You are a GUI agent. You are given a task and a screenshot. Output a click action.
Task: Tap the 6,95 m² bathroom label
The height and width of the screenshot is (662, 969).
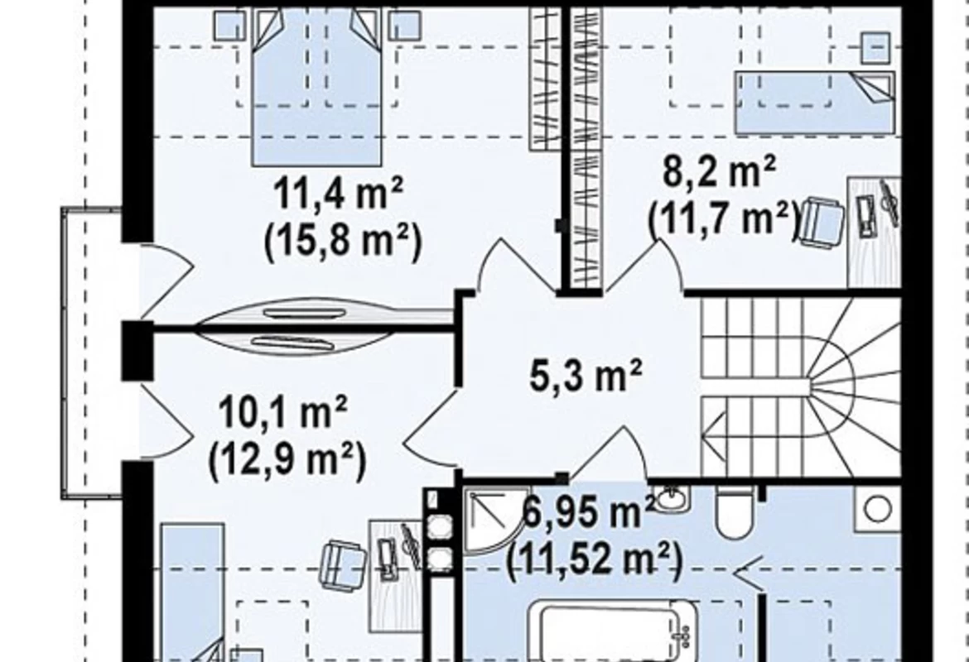pyautogui.click(x=588, y=511)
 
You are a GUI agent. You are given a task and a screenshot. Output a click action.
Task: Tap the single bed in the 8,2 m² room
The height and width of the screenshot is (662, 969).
pyautogui.click(x=814, y=103)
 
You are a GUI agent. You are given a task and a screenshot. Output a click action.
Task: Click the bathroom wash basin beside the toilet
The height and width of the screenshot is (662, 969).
pyautogui.click(x=672, y=497)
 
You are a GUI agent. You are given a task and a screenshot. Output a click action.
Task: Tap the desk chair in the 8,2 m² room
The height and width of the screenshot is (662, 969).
pyautogui.click(x=822, y=220)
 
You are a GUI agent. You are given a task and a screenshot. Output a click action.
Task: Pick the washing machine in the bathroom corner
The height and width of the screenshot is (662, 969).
pyautogui.click(x=878, y=509)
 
